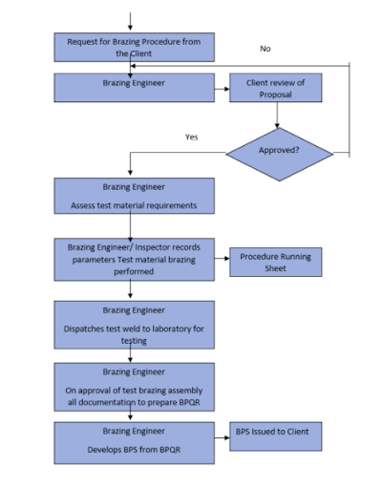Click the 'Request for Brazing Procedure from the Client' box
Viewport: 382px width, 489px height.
(x=134, y=47)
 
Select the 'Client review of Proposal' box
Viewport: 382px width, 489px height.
(x=276, y=88)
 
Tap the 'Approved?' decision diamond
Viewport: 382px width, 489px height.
(x=280, y=155)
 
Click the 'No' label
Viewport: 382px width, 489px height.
(x=265, y=49)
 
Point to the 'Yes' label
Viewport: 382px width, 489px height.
(x=191, y=137)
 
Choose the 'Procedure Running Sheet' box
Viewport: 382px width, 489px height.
(x=276, y=262)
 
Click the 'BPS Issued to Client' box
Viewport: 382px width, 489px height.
(x=276, y=436)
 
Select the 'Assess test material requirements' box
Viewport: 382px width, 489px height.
(x=134, y=196)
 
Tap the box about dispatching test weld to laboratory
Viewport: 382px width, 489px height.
(x=134, y=325)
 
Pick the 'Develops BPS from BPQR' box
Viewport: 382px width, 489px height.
(x=134, y=443)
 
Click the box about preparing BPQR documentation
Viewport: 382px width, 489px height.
(x=134, y=387)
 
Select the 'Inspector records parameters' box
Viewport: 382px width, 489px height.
(x=134, y=260)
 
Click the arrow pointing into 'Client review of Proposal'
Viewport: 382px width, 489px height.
(x=222, y=89)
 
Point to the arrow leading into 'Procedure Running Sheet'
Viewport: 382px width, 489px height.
(x=222, y=258)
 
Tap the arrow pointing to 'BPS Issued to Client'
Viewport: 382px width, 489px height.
(x=222, y=437)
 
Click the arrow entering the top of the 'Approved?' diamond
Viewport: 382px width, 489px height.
(x=277, y=115)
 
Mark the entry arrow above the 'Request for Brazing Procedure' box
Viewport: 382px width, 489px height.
(x=130, y=22)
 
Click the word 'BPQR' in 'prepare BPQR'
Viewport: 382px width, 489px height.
(x=189, y=402)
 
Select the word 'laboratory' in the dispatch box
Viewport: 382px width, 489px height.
(x=168, y=329)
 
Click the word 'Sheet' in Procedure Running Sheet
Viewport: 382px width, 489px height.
(x=275, y=268)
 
